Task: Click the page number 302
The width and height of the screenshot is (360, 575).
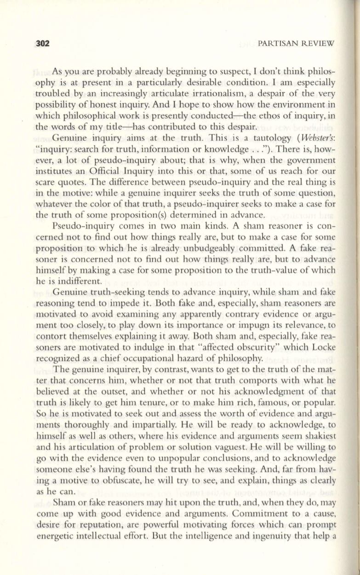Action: pyautogui.click(x=42, y=43)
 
